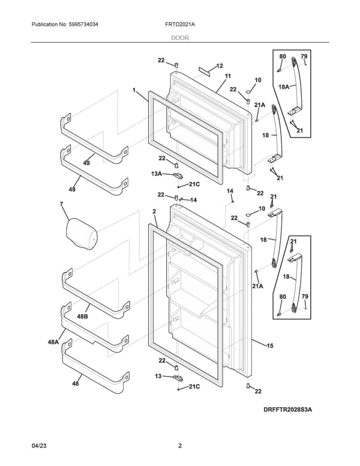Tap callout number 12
[219, 66]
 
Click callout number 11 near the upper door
[228, 77]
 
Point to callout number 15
[269, 346]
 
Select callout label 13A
[157, 174]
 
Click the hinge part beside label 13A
[178, 175]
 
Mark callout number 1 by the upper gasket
[134, 90]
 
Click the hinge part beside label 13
[178, 378]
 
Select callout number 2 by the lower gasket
[154, 212]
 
